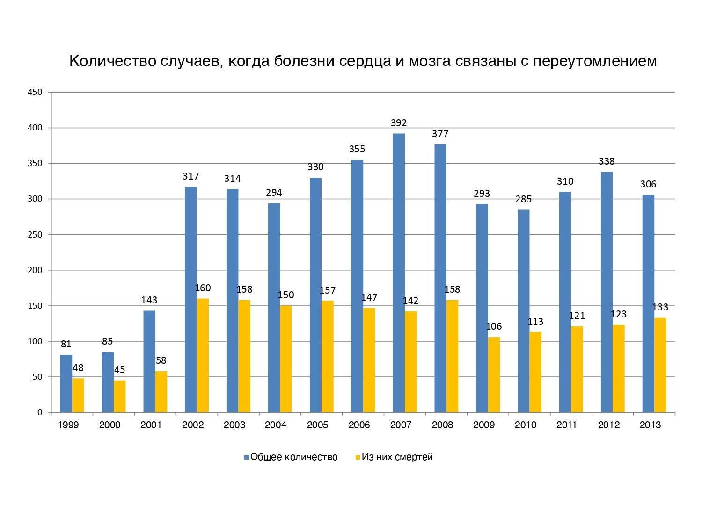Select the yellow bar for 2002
203,355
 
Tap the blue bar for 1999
66,383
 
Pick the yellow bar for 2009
494,375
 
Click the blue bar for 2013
648,303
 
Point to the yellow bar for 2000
119,396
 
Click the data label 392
399,123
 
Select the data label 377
440,134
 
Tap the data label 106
494,326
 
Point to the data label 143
149,300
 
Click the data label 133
660,307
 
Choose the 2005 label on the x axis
317,425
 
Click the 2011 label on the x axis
567,425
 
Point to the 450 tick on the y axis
35,93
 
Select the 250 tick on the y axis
35,235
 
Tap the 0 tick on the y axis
40,412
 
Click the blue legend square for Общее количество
246,457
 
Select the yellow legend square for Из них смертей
358,457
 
